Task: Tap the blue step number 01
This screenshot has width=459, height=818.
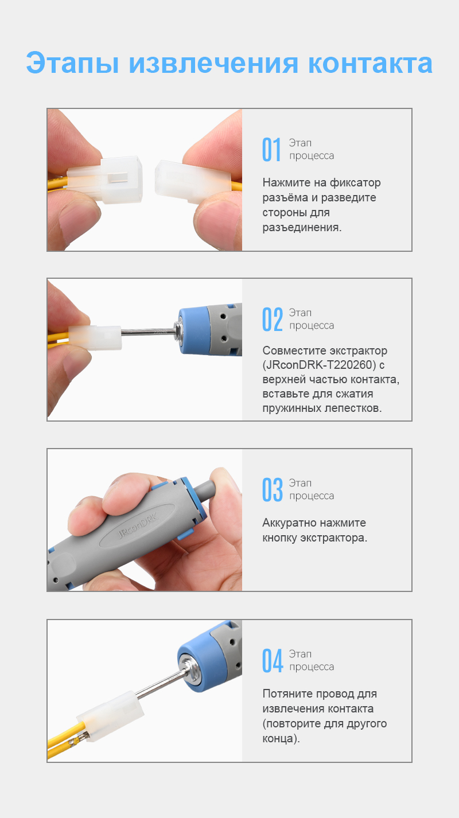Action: [x=272, y=149]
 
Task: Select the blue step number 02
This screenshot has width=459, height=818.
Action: [x=273, y=319]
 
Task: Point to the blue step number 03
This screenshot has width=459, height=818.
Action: [x=273, y=489]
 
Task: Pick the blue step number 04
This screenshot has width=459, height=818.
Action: [x=273, y=660]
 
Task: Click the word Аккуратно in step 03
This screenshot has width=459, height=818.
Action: [x=292, y=523]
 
